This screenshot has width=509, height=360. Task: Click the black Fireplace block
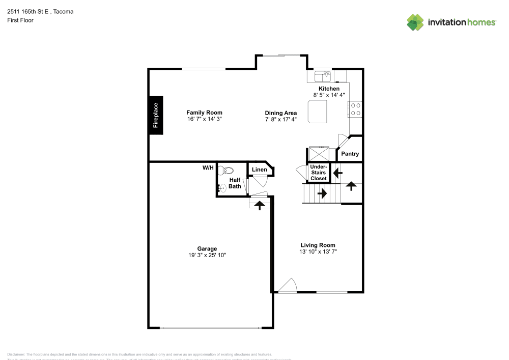pyautogui.click(x=156, y=115)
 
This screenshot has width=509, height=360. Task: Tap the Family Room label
pyautogui.click(x=204, y=113)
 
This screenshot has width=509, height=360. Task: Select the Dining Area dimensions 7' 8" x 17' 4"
pyautogui.click(x=280, y=119)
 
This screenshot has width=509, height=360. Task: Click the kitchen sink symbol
pyautogui.click(x=323, y=76)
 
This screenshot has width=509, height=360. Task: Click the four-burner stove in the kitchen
pyautogui.click(x=355, y=109)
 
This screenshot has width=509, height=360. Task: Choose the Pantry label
pyautogui.click(x=350, y=154)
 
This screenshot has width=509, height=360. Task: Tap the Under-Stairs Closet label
pyautogui.click(x=319, y=173)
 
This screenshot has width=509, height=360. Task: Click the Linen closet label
pyautogui.click(x=259, y=170)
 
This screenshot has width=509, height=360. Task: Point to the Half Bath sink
pyautogui.click(x=221, y=188)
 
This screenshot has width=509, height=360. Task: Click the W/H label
pyautogui.click(x=208, y=168)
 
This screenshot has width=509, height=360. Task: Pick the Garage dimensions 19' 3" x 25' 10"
pyautogui.click(x=207, y=255)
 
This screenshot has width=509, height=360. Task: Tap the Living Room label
pyautogui.click(x=318, y=245)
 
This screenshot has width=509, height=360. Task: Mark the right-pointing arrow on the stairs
pyautogui.click(x=322, y=193)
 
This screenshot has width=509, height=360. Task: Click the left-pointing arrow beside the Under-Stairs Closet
pyautogui.click(x=337, y=173)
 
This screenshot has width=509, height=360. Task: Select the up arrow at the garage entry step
pyautogui.click(x=259, y=205)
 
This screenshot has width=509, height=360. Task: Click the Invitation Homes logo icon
pyautogui.click(x=415, y=22)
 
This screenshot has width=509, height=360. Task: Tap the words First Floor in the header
pyautogui.click(x=20, y=20)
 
